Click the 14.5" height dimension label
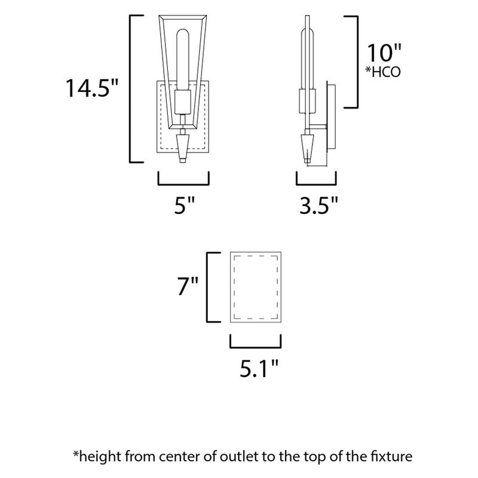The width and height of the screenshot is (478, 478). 92,88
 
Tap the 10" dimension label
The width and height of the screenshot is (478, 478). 384,53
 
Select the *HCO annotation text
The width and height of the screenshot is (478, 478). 383,72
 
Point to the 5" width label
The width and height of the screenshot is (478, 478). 184,205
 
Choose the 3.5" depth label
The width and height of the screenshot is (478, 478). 318,205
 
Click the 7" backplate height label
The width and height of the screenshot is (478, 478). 188,286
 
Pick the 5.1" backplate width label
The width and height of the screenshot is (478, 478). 259,368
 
